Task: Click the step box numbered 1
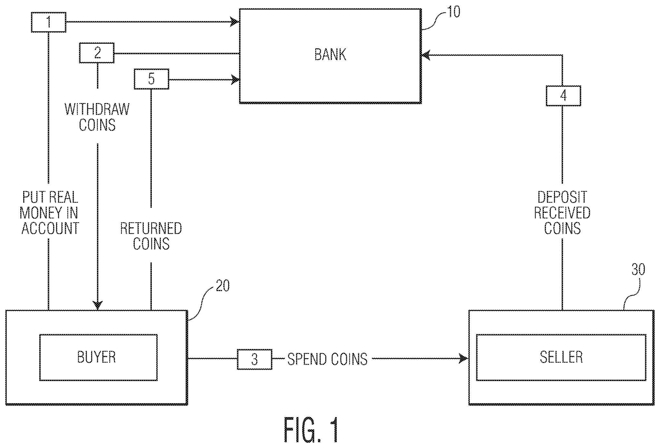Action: click(x=49, y=22)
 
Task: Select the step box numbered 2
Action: click(x=97, y=53)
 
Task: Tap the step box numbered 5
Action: click(x=151, y=79)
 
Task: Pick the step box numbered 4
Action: click(x=563, y=96)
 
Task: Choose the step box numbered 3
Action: click(x=255, y=359)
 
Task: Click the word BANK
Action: click(x=330, y=55)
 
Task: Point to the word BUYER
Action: click(x=96, y=357)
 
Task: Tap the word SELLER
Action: click(x=561, y=357)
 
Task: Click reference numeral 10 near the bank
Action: click(x=453, y=12)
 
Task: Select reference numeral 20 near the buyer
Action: click(x=223, y=286)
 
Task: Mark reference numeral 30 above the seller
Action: click(x=638, y=270)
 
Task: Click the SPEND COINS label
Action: click(x=327, y=359)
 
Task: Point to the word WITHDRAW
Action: click(x=97, y=110)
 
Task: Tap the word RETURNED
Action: click(x=151, y=229)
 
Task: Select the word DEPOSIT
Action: click(x=562, y=197)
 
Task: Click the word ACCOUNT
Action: click(x=50, y=228)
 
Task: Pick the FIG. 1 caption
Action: click(x=311, y=430)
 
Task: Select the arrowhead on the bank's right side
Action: click(x=426, y=55)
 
